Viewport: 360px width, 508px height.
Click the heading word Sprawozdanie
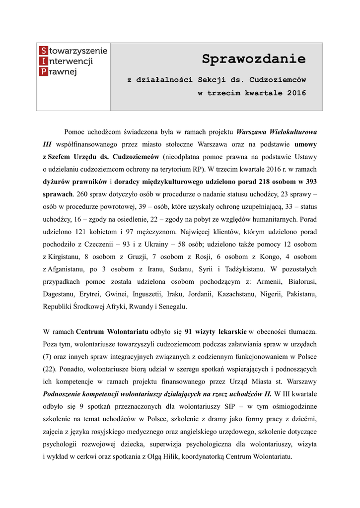click(x=254, y=60)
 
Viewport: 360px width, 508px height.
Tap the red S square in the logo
click(x=44, y=51)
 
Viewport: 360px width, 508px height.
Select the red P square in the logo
click(x=44, y=72)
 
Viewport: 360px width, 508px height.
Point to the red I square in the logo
click(x=44, y=62)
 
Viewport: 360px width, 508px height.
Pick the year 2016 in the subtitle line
click(x=296, y=93)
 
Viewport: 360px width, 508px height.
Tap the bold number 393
click(x=311, y=181)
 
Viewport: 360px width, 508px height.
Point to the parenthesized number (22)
click(x=51, y=369)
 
